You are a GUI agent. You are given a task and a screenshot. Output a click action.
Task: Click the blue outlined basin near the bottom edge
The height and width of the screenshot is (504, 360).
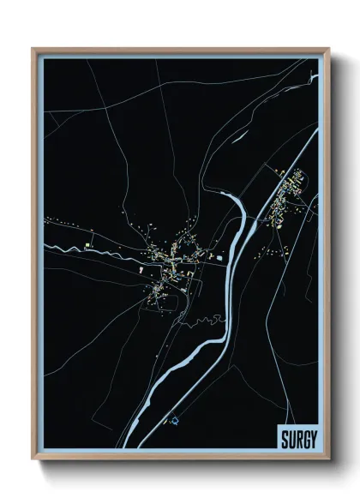pos(175,420)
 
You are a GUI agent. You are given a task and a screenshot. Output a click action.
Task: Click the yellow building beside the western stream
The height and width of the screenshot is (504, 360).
pos(89,246)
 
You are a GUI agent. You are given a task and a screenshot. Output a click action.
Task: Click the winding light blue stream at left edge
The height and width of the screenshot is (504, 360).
pos(64,249)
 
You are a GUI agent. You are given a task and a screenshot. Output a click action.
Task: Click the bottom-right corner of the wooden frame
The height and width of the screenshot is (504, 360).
pos(328,459)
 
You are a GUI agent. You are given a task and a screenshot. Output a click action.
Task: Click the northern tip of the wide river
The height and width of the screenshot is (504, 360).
pos(225,195)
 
